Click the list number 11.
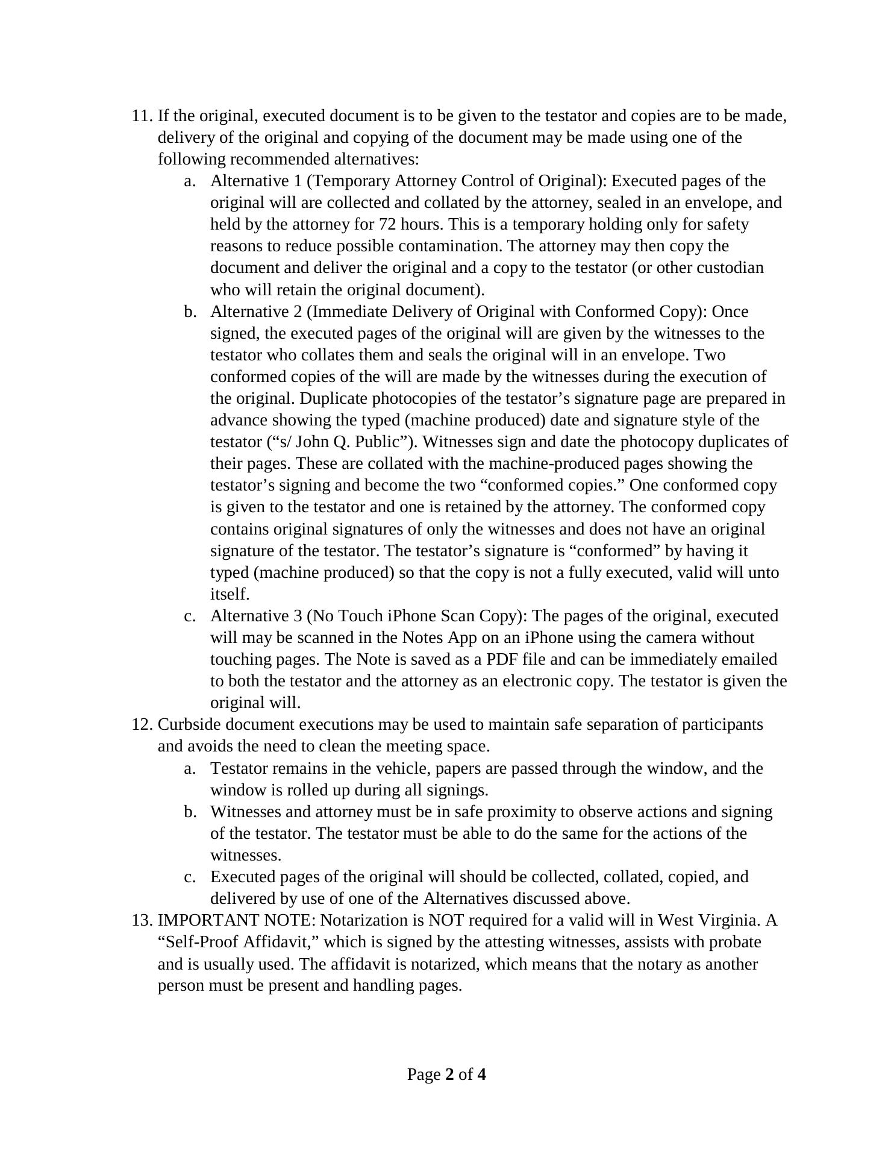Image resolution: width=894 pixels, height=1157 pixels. point(142,116)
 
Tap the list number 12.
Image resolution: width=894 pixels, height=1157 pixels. point(142,724)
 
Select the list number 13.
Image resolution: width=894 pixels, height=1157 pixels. point(142,920)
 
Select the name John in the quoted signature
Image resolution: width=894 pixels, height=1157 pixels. point(313,442)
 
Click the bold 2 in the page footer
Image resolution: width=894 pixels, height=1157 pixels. point(449,1074)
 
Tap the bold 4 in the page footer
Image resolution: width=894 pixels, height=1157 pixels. point(481,1074)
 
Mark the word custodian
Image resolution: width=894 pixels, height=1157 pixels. point(730,268)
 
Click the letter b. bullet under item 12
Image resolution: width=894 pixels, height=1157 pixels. point(190,812)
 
